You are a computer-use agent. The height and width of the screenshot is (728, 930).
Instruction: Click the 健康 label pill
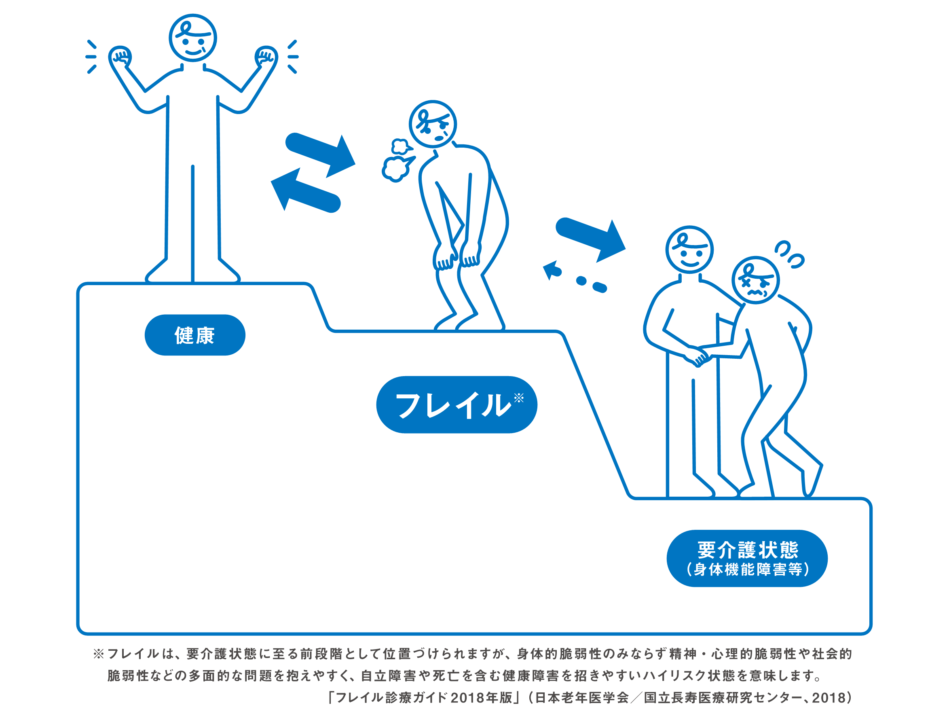tap(194, 335)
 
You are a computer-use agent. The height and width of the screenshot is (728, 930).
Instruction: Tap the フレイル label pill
tap(456, 404)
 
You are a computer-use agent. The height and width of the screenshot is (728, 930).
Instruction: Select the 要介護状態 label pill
tap(747, 559)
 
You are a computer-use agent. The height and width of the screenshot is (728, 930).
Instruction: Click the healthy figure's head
tap(192, 38)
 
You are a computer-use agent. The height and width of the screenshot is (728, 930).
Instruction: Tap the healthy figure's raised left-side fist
tap(120, 56)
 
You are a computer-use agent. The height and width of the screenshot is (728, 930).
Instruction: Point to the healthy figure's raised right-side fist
tap(266, 56)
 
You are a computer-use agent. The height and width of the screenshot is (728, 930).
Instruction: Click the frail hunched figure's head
tap(432, 124)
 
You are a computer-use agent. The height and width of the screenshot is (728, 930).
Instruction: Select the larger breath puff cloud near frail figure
tap(396, 168)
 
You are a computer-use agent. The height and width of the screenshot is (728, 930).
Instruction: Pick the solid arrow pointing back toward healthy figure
tap(304, 190)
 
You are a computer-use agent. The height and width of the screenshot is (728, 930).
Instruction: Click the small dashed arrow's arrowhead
tap(551, 270)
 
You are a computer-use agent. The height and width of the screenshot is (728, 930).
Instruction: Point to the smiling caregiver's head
tap(689, 250)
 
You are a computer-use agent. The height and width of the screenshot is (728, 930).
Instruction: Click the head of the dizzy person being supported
tap(755, 280)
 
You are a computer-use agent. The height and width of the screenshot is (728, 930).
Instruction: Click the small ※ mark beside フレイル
tap(518, 398)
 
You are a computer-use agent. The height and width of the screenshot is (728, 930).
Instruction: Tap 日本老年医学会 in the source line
tap(582, 698)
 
